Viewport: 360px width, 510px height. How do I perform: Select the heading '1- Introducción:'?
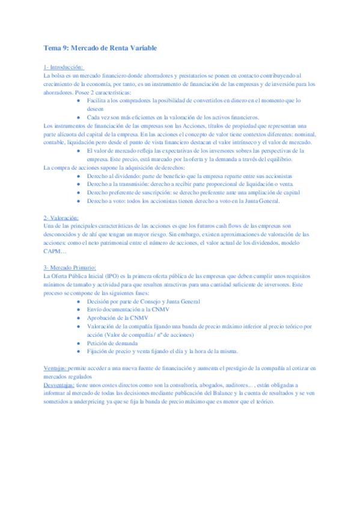[64, 67]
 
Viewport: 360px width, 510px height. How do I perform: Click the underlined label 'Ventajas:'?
[55, 367]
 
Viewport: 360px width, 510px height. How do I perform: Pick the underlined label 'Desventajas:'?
[59, 384]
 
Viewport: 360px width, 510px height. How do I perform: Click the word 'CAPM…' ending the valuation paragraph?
[56, 250]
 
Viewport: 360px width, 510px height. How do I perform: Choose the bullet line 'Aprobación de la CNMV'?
[119, 317]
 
